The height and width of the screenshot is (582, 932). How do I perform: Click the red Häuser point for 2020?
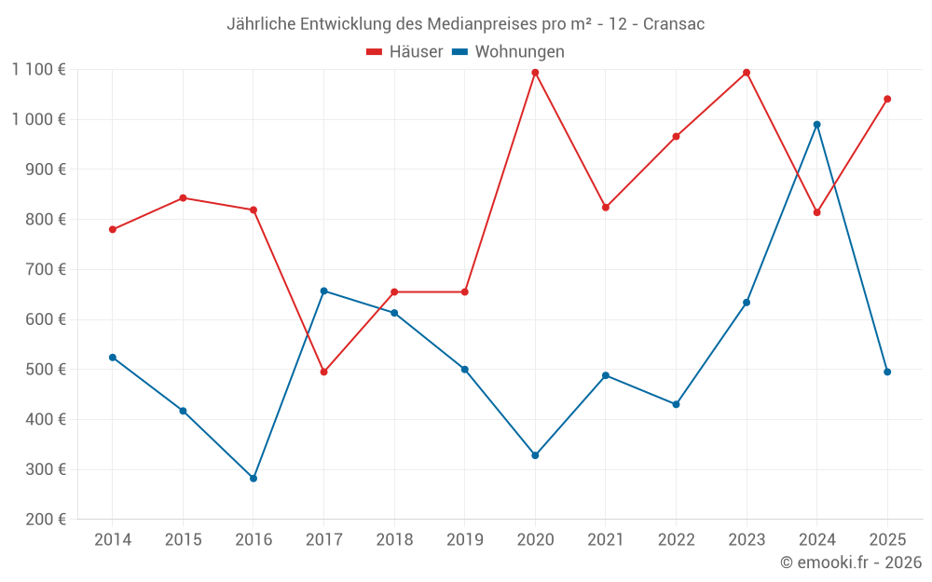tap(535, 73)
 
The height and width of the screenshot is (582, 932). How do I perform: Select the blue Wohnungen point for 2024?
tap(817, 125)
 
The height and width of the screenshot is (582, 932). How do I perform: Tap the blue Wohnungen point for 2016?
tap(254, 479)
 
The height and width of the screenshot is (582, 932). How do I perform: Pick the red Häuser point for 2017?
tap(323, 372)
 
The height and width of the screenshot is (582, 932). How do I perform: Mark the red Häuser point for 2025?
tap(887, 99)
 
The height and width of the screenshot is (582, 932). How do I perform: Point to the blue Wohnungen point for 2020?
tap(535, 455)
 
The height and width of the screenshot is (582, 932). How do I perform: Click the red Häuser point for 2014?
tap(113, 230)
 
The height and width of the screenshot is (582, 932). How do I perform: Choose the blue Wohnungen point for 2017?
tap(323, 291)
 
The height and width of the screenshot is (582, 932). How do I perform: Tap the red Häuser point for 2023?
tap(747, 73)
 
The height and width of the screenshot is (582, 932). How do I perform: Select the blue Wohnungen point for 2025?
tap(887, 372)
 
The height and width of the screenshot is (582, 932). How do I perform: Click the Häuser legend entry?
tap(405, 52)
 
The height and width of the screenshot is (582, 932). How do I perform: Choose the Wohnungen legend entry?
tap(509, 52)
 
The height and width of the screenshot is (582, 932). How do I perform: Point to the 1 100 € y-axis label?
tap(38, 69)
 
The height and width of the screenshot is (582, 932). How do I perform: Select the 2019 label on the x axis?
tap(464, 540)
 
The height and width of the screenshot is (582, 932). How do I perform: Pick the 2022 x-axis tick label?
tap(676, 540)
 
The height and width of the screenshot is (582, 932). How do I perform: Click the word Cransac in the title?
tap(674, 24)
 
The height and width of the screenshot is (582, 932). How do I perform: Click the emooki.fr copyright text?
tap(851, 562)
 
